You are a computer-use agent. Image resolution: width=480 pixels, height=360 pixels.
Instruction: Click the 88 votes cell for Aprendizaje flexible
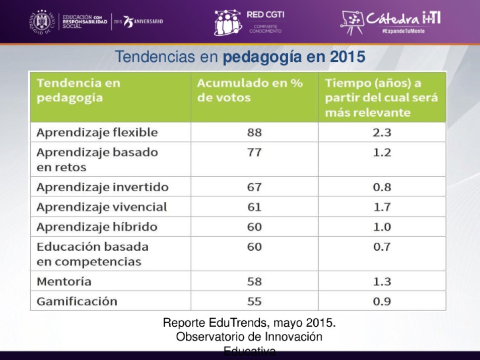tap(254, 132)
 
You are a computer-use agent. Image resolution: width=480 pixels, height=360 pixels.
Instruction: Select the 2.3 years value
tap(381, 132)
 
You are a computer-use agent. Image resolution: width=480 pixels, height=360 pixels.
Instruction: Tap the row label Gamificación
tap(77, 301)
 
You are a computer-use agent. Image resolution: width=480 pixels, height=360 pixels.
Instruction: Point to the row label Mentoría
tap(64, 281)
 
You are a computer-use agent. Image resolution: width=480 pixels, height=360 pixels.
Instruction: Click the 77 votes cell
tap(254, 152)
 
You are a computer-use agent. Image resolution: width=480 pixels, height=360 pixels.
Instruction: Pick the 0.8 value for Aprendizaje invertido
tap(381, 187)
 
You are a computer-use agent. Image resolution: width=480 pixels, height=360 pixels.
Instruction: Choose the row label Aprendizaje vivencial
tap(101, 207)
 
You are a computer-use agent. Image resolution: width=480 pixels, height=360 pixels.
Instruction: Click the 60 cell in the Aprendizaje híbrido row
tap(254, 227)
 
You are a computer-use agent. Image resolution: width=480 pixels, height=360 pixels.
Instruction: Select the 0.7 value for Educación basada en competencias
tap(381, 247)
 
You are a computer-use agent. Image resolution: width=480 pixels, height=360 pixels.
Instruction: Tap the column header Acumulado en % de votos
tap(250, 90)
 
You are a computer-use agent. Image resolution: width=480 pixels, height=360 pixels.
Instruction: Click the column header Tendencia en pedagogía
tap(79, 90)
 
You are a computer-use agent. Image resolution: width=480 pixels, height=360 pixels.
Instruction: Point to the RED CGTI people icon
tap(228, 23)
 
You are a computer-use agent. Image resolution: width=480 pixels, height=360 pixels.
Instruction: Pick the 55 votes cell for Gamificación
tap(254, 301)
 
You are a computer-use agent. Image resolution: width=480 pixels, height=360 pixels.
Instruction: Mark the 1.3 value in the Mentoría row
tap(381, 281)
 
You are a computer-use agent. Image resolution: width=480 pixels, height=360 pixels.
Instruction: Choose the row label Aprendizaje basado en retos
tap(97, 159)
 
